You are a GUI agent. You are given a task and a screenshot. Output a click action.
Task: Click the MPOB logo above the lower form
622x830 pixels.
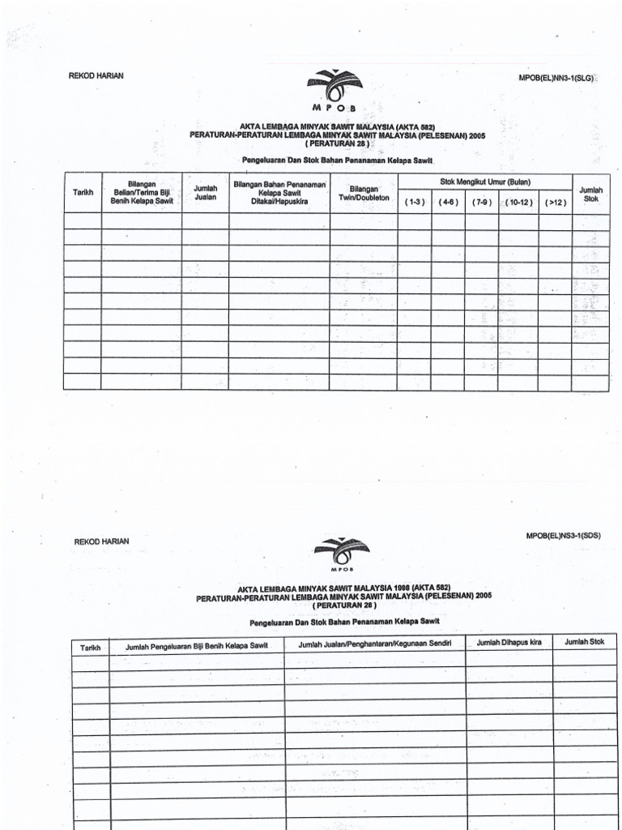coord(341,553)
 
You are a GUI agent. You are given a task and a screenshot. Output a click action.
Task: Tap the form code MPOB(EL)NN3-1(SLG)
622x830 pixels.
coord(562,78)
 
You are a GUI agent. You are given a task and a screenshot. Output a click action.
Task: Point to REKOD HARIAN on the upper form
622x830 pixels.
coord(96,75)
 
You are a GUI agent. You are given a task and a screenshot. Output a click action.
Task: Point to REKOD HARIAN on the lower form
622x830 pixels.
coord(101,541)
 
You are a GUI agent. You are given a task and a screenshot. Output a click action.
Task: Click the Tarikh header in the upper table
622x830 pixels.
coord(83,192)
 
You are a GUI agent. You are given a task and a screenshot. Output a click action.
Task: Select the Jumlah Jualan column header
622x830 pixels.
coord(205,192)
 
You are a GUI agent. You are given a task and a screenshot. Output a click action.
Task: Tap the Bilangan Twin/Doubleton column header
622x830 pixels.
coord(364,192)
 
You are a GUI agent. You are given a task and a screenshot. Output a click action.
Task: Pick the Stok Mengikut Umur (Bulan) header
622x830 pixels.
coord(484,182)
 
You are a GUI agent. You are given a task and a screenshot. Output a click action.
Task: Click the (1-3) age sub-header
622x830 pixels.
coord(415,202)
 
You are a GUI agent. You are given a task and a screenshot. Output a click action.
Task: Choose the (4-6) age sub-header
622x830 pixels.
coord(448,202)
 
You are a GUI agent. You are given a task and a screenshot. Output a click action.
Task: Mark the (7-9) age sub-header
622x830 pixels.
coord(481,202)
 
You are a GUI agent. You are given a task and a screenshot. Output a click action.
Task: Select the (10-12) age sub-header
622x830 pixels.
coord(518,202)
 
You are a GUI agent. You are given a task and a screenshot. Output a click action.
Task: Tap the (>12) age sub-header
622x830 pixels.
coord(556,202)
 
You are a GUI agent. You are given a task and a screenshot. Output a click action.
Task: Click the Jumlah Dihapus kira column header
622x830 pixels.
coord(509,643)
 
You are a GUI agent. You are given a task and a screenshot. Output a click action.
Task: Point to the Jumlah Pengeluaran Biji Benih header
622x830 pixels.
coord(197,646)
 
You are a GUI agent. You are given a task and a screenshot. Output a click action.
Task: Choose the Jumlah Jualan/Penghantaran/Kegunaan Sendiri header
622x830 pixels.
coord(374,644)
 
